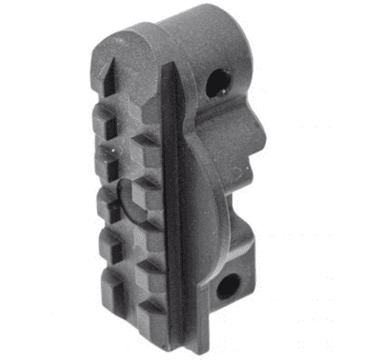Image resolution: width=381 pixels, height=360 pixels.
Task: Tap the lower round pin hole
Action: [229, 285]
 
